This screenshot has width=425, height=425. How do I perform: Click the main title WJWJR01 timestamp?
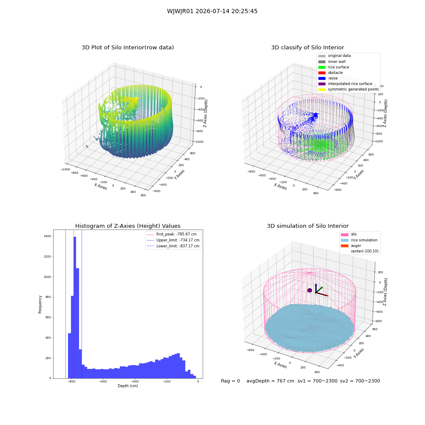(212, 11)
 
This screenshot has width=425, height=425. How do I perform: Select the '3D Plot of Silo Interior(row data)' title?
(127, 48)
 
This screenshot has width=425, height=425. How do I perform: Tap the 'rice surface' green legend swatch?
(322, 67)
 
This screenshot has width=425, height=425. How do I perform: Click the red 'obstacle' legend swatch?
(322, 73)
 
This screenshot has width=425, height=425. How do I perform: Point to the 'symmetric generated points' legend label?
(354, 89)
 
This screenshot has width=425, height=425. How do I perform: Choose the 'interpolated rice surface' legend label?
(350, 84)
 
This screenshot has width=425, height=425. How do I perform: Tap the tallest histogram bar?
(75, 307)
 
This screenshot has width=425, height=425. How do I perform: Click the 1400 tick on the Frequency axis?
(47, 236)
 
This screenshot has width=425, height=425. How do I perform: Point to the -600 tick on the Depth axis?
(103, 382)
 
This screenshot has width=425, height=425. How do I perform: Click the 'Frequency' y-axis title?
(40, 304)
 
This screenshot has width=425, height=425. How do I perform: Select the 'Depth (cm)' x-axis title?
(128, 386)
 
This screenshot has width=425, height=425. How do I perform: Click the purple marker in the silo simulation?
(309, 290)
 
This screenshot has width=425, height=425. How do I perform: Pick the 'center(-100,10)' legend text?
(365, 251)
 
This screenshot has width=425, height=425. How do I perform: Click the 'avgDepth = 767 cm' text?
(270, 381)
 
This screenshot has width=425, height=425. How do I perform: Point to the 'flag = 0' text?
(230, 381)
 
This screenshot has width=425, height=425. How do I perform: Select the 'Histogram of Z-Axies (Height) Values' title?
(127, 226)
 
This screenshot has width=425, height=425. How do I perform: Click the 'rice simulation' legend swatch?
(345, 241)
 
